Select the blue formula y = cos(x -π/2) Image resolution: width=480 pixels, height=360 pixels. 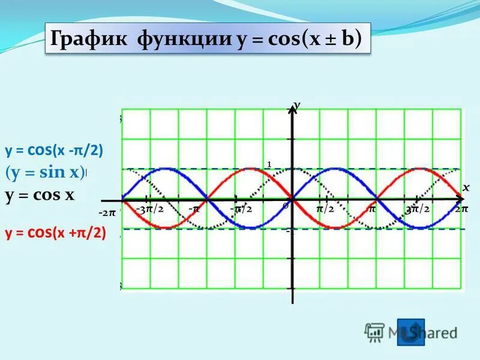55,150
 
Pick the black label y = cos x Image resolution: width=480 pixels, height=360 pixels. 40,196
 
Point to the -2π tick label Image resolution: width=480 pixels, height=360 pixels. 107,213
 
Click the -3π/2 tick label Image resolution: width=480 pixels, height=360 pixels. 149,208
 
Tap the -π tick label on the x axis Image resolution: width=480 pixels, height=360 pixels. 194,208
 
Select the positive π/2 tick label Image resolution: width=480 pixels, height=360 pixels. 325,208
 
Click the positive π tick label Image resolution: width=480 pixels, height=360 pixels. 372,208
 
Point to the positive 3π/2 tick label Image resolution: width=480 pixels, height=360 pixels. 417,209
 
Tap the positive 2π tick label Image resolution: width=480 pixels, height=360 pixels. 461,209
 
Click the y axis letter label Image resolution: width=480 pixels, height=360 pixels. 297,106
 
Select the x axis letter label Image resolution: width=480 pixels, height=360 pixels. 466,188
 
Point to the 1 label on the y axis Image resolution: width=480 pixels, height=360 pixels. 269,164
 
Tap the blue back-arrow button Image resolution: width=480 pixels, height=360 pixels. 410,332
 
